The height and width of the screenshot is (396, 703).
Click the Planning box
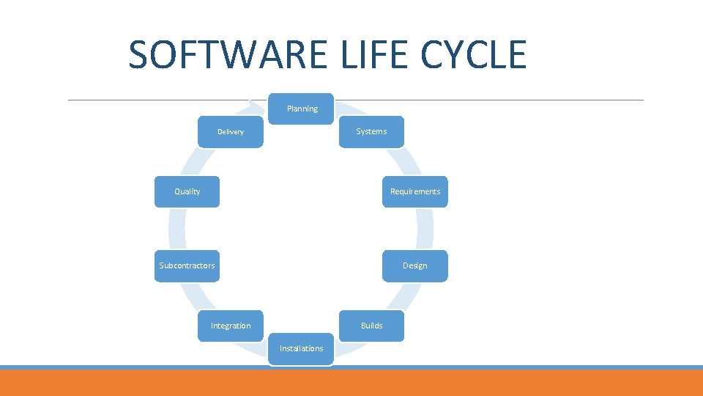[302, 109]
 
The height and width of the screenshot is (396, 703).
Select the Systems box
[371, 132]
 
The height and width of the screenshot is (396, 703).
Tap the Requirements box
[414, 191]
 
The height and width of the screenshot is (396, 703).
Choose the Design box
[414, 265]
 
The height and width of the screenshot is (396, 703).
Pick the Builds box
[371, 326]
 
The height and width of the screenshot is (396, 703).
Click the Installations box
[301, 348]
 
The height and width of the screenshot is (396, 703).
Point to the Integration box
[231, 326]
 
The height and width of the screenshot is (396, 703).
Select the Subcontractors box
[187, 265]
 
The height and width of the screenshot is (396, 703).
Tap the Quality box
[187, 191]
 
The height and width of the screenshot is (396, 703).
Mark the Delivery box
[231, 132]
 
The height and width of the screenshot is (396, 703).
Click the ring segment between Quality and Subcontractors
[176, 229]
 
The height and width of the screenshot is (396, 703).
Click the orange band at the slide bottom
[351, 384]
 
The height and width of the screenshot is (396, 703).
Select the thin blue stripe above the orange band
[351, 367]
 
